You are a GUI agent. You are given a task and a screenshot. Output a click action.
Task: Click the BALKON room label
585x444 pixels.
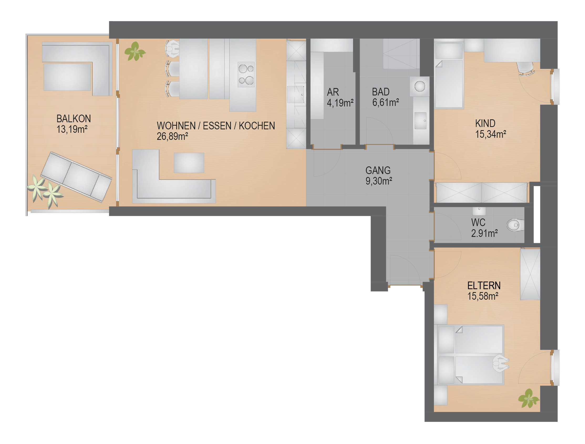74,119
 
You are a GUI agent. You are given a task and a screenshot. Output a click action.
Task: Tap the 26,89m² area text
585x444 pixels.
172,136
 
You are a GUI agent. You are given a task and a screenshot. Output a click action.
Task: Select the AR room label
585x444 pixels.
333,92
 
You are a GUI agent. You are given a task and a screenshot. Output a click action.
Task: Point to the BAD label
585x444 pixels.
381,92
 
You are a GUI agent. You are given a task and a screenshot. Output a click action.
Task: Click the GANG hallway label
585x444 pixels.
378,170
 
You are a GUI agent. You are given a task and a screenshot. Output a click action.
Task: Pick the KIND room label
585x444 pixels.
485,123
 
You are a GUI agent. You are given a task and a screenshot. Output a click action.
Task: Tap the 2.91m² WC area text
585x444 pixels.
484,233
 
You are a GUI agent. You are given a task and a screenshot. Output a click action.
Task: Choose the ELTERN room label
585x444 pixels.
484,285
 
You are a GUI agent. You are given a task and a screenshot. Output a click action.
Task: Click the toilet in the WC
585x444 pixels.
515,225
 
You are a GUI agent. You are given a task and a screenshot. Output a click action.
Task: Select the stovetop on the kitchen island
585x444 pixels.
246,75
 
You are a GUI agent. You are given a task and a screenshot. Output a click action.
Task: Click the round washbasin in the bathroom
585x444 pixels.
420,86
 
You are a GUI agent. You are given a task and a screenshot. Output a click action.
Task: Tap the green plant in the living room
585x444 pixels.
134,51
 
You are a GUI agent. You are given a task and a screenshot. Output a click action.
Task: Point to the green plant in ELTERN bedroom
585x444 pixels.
529,398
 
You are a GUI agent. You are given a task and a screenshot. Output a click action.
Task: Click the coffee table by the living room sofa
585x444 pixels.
189,163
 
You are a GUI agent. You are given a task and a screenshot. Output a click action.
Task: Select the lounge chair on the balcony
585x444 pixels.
76,177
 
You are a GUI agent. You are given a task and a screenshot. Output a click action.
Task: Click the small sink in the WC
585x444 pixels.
479,211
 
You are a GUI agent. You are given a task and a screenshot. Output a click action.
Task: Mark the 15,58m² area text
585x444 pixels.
483,296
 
